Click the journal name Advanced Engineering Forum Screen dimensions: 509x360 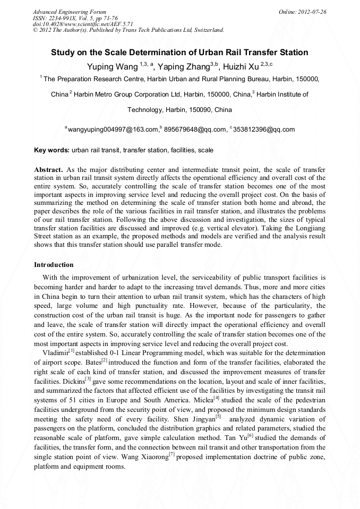[x=70, y=12]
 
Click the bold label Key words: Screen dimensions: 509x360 [x=52, y=150]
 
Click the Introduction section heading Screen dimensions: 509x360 [x=54, y=264]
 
